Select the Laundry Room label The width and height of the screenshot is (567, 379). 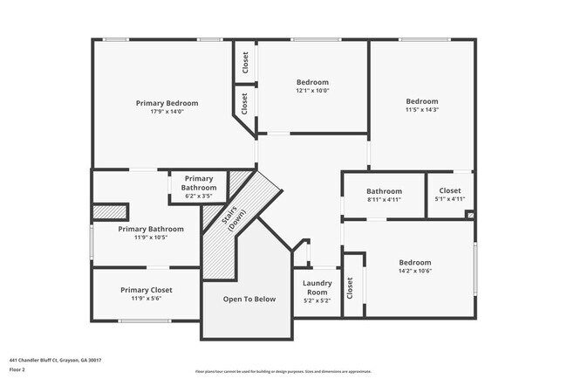[317, 287]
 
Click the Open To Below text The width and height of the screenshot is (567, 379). [249, 300]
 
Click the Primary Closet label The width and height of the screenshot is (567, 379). [147, 290]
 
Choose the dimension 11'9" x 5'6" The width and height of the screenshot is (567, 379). [147, 299]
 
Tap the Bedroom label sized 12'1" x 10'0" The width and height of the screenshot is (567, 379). [312, 81]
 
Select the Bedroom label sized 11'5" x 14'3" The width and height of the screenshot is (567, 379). [421, 101]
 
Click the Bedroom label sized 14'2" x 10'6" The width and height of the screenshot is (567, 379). [415, 263]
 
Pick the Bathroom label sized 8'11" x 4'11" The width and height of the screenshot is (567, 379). [384, 191]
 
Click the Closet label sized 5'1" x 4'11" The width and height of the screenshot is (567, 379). [450, 190]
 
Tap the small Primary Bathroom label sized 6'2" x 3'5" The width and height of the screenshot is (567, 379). [199, 183]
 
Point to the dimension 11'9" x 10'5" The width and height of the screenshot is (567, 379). [151, 238]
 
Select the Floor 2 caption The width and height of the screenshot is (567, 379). [17, 369]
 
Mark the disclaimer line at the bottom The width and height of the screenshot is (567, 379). [283, 371]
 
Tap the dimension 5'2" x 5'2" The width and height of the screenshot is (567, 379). [317, 300]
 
